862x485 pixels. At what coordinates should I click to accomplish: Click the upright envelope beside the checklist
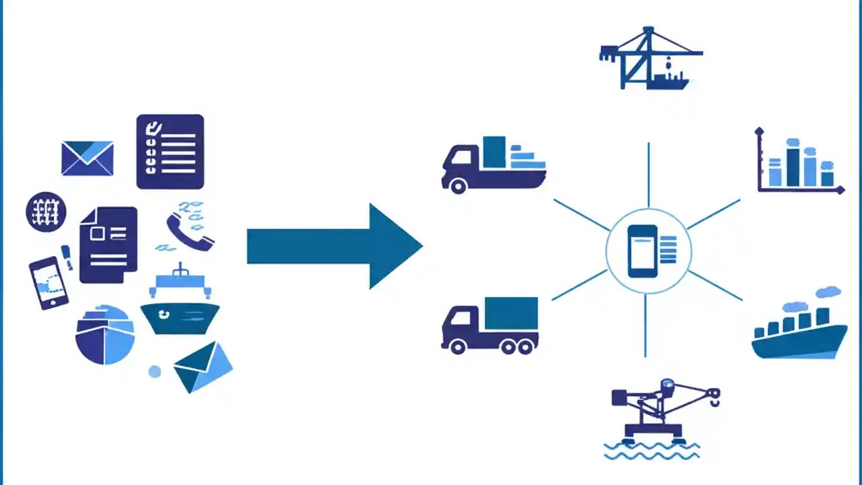pos(88,158)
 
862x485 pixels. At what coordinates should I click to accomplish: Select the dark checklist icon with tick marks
pos(170,152)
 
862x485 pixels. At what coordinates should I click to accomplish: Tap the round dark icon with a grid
pos(46,212)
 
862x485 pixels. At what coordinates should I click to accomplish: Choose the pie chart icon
pos(104,335)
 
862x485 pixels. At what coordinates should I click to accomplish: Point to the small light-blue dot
pos(155,371)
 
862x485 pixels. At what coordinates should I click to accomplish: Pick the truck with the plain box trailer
pos(490,325)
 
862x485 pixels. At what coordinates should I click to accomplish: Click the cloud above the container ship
pos(828,292)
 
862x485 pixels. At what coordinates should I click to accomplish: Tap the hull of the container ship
pos(799,342)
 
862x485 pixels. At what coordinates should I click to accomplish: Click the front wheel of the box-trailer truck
pos(458,346)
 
